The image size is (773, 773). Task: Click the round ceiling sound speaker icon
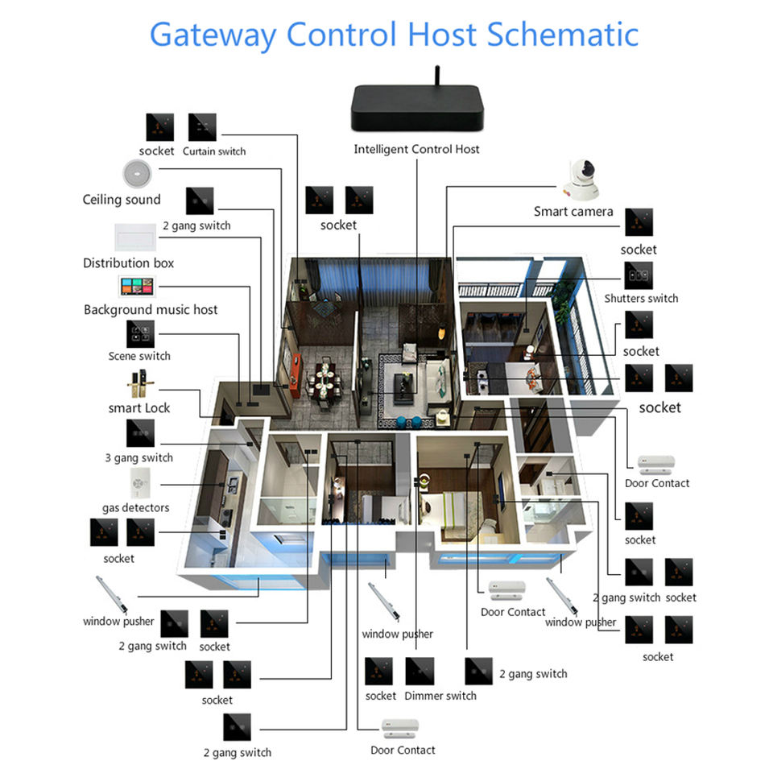tap(136, 173)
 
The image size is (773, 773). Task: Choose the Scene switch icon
tap(139, 333)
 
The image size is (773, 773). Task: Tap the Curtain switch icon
tap(201, 127)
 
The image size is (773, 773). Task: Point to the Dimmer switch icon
tap(419, 671)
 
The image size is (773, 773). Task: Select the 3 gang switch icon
tap(138, 433)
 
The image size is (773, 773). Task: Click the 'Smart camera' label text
tap(573, 212)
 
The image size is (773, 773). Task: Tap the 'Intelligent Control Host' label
tap(416, 149)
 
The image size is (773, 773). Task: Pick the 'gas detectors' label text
tap(135, 508)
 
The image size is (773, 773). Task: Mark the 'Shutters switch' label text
tap(641, 298)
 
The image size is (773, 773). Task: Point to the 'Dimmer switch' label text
tap(440, 696)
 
